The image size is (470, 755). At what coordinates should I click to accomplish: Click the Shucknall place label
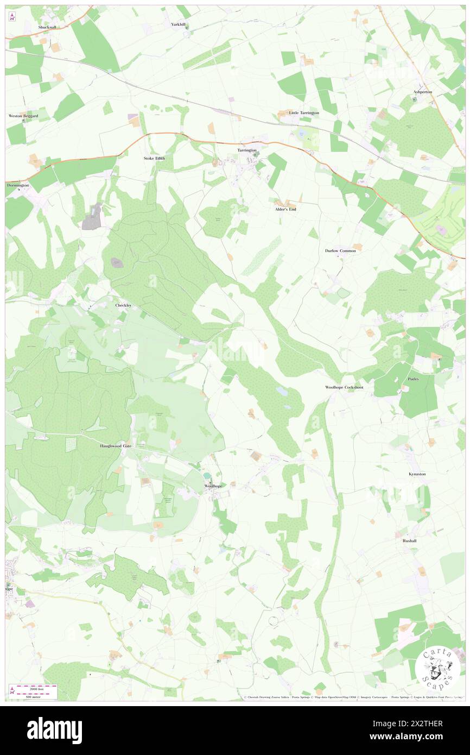(47, 27)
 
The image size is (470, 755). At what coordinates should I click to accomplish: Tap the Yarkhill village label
(179, 24)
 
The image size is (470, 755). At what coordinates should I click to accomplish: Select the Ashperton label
(423, 92)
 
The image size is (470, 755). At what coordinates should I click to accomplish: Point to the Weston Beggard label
(23, 116)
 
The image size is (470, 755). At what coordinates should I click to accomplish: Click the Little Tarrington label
(304, 112)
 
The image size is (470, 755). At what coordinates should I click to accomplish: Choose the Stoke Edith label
(154, 158)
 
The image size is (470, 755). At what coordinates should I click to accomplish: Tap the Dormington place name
(18, 185)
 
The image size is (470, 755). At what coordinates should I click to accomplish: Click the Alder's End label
(285, 209)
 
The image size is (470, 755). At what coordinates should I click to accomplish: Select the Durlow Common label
(340, 251)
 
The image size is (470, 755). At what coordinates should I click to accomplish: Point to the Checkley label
(123, 306)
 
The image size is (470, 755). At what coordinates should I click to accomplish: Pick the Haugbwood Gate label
(116, 446)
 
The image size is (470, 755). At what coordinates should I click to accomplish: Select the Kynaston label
(417, 474)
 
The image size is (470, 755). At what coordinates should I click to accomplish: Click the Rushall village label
(410, 541)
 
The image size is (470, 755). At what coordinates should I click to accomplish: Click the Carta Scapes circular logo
(437, 668)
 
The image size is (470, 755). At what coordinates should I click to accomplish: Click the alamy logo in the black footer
(54, 730)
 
